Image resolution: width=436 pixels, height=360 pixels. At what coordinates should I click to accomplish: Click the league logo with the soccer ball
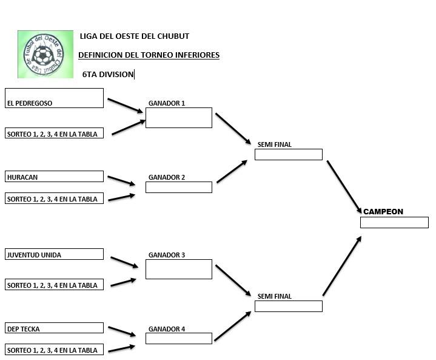click(x=42, y=55)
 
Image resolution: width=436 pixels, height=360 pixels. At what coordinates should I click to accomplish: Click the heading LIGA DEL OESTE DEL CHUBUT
click(x=134, y=36)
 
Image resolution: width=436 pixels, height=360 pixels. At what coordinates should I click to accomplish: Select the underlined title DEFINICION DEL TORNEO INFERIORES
click(x=149, y=55)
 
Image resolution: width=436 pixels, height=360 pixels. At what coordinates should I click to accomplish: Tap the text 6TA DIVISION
click(x=108, y=75)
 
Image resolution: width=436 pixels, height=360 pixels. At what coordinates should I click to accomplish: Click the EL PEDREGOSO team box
click(x=54, y=98)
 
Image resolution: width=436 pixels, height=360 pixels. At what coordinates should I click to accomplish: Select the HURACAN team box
click(x=54, y=177)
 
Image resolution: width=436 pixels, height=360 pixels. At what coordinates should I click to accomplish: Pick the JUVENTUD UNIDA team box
click(x=54, y=254)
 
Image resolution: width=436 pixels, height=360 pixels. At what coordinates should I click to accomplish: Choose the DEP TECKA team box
click(x=54, y=328)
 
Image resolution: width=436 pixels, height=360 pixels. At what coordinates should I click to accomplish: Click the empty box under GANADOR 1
click(x=178, y=118)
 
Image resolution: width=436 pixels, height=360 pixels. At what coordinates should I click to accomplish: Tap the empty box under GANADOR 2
click(x=178, y=187)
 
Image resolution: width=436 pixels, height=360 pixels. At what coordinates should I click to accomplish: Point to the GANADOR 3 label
click(x=167, y=255)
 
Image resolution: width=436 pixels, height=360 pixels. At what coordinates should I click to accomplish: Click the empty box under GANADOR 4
click(x=178, y=338)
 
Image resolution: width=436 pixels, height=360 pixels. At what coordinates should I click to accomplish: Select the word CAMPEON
click(x=383, y=212)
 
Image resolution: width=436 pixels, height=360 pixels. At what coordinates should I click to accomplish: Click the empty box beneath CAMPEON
click(x=394, y=222)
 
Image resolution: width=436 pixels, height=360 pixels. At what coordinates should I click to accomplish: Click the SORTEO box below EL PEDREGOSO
click(x=54, y=133)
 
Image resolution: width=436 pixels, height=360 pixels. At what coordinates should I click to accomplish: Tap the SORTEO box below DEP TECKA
click(x=54, y=350)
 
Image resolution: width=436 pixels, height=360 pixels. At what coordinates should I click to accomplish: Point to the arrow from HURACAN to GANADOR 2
click(x=121, y=180)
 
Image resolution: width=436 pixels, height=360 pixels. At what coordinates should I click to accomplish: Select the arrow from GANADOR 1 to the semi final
click(x=233, y=128)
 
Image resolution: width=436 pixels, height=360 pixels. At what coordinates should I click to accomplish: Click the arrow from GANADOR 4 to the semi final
click(x=232, y=327)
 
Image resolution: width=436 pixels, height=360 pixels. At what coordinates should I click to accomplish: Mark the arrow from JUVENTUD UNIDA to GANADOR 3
click(x=124, y=262)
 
